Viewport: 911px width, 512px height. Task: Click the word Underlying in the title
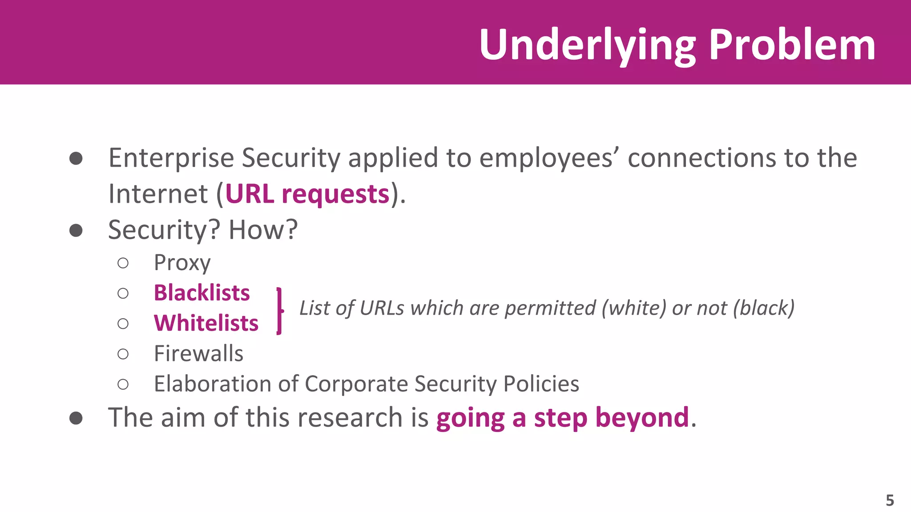coord(587,45)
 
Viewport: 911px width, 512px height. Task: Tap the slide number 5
coord(890,500)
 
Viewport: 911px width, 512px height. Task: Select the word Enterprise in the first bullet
coord(171,158)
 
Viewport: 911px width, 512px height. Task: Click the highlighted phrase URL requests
coord(307,194)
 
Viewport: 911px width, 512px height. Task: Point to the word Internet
coord(158,194)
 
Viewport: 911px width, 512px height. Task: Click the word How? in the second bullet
coord(263,230)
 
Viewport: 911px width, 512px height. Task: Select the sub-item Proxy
coord(182,263)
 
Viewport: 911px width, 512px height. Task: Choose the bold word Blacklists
coord(202,293)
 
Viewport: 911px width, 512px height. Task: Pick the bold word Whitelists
coord(206,323)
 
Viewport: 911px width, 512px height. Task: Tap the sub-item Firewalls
coord(198,354)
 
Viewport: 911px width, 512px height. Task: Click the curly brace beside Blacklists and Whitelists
coord(279,311)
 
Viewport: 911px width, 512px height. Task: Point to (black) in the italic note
coord(764,308)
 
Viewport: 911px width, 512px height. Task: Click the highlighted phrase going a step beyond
coord(562,418)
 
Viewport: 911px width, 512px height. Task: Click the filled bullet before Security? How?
coord(76,230)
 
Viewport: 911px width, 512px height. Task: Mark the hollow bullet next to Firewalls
coord(123,354)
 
